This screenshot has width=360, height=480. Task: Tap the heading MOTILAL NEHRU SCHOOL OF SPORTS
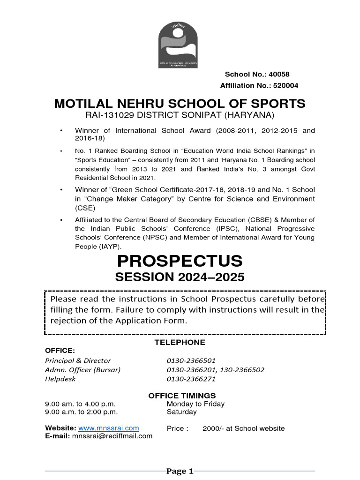[x=180, y=104]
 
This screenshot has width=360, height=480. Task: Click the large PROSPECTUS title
[x=180, y=261]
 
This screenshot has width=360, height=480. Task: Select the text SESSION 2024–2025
[x=180, y=277]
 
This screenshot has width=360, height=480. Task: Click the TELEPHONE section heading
[x=180, y=342]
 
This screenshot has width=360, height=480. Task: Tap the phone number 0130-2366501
[x=191, y=360]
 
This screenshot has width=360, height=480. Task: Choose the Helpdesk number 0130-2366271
[x=191, y=379]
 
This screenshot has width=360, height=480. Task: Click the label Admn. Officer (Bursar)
[x=82, y=370]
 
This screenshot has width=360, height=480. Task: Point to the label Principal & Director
[x=78, y=360]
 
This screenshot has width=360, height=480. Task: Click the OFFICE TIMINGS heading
[x=182, y=396]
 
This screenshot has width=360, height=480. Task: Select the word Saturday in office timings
[x=181, y=412]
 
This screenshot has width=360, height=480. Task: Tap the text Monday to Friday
[x=195, y=404]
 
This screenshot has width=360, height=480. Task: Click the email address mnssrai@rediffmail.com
[x=112, y=436]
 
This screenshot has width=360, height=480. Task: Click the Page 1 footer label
[x=180, y=471]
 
